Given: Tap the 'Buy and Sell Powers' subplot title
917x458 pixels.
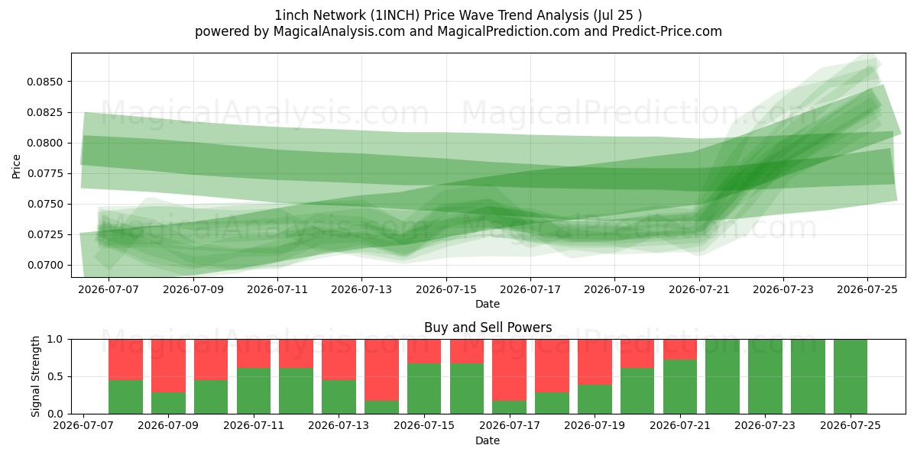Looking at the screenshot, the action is point(488,327).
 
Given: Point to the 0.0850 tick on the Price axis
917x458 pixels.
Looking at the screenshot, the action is point(44,82).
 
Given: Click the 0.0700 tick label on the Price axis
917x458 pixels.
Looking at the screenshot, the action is point(44,265).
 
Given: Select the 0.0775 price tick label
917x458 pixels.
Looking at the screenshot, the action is point(44,173).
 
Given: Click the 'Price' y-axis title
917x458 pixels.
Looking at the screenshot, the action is point(16,166).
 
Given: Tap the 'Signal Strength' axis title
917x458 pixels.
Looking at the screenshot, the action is point(36,376).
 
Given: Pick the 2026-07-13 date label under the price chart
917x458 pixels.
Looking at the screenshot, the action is point(361,289).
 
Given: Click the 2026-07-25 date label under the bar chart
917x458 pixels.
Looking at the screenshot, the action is point(851,426).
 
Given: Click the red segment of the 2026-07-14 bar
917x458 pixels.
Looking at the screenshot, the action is point(381,370).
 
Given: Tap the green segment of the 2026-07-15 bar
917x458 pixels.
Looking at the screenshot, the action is point(424,389).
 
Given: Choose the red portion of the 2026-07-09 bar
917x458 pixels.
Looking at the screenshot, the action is point(168,366).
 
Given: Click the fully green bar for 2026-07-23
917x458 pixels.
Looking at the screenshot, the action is point(765,376).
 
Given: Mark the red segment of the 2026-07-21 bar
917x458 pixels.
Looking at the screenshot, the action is point(680,350).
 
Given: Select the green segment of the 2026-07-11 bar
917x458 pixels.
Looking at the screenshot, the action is point(254,391).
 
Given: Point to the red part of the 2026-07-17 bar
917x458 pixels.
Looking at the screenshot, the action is point(509,370).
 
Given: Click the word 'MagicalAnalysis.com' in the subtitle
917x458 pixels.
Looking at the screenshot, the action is point(339,31).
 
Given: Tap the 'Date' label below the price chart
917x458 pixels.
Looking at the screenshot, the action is point(488,305).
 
